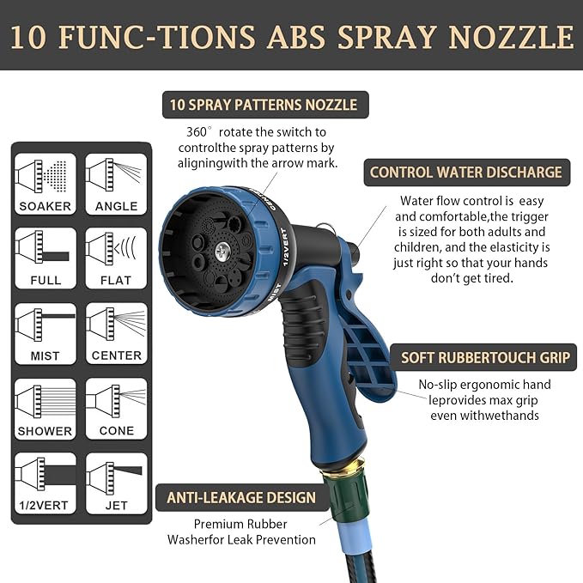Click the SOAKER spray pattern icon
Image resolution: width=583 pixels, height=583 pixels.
point(46,183)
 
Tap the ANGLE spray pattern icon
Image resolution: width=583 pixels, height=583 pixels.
point(117,183)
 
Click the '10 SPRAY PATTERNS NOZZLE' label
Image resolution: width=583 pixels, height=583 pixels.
point(264,106)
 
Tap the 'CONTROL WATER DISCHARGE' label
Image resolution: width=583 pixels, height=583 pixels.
point(465,173)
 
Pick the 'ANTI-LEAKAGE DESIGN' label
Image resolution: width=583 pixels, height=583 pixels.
point(241,498)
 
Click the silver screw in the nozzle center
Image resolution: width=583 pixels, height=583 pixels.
point(222,252)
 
